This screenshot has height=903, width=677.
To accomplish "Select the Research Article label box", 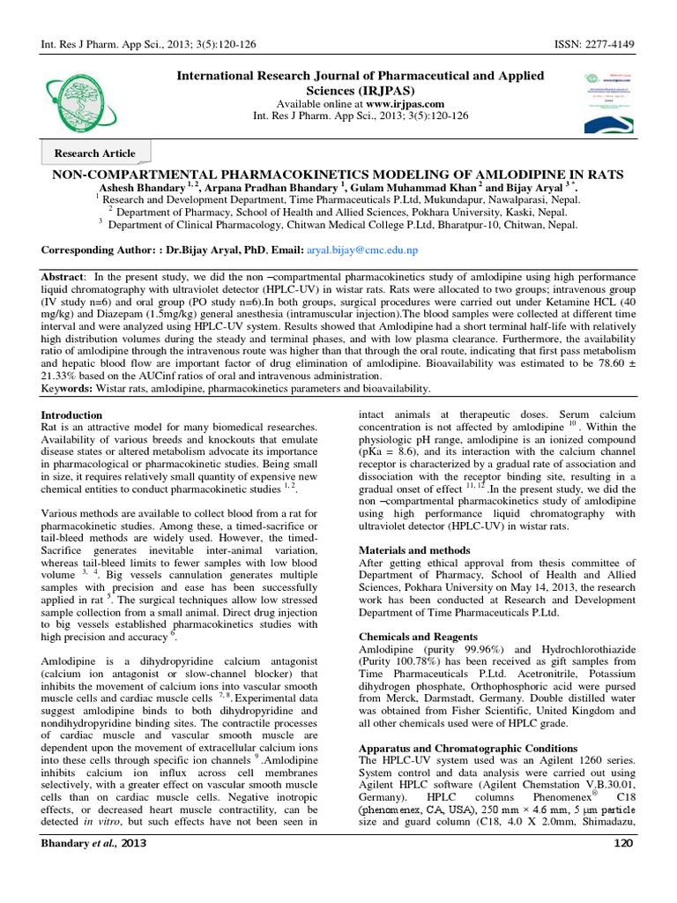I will [96, 153].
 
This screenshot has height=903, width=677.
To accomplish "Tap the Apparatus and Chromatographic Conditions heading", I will [468, 748].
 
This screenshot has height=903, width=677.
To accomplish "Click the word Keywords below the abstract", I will [69, 388].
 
